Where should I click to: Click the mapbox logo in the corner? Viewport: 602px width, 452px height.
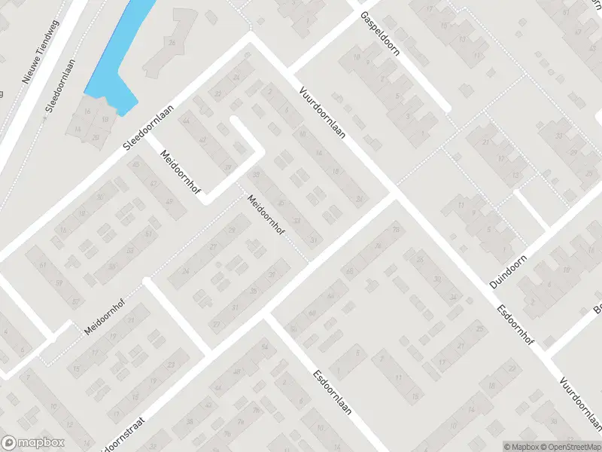[33, 443]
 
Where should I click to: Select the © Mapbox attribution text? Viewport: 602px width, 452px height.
[521, 446]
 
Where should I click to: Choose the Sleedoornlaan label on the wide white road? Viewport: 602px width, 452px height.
[156, 129]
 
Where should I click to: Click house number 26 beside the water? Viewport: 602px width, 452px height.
[172, 42]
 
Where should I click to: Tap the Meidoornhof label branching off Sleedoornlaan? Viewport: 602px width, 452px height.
[177, 169]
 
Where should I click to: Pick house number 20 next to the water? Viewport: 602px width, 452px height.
[96, 137]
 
